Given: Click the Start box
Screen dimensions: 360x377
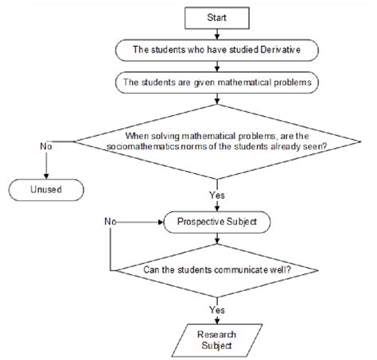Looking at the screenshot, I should [216, 16].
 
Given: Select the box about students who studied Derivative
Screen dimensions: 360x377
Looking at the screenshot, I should [216, 48].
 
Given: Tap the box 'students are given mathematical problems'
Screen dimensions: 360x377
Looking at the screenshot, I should [216, 81].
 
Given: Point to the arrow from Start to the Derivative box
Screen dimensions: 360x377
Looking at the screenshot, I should [216, 31].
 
